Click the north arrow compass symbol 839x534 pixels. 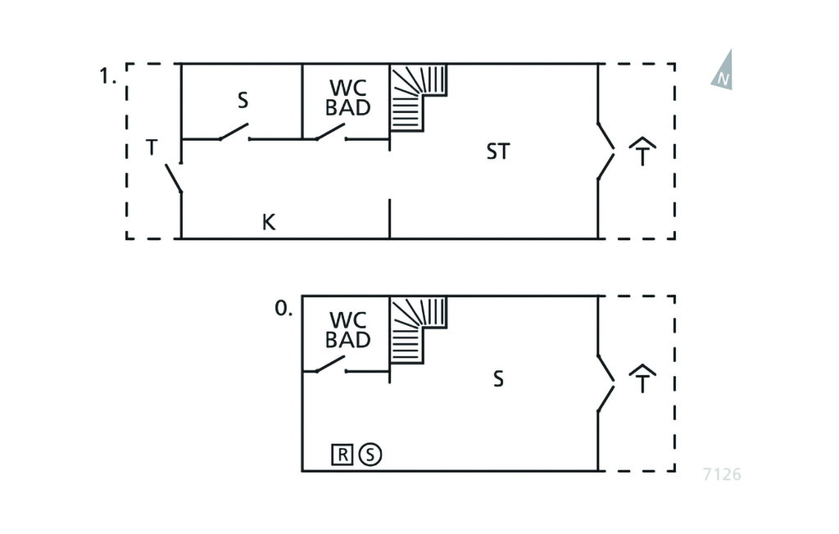[722, 70]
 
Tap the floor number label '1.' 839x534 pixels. [107, 77]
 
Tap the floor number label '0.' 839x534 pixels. [283, 310]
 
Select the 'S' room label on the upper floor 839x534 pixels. [243, 101]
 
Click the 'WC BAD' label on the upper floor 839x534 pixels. [348, 97]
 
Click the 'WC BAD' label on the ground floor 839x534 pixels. [348, 329]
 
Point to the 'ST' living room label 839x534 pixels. [497, 152]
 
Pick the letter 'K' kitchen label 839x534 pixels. [269, 222]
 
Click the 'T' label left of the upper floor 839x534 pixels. [152, 148]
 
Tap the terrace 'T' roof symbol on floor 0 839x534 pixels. [643, 380]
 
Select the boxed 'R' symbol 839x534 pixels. [342, 454]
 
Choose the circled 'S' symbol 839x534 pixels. [370, 454]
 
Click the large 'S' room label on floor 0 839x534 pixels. [497, 380]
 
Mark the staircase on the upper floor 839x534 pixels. [417, 96]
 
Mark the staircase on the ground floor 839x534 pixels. [417, 328]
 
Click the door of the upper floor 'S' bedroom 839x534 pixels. [234, 132]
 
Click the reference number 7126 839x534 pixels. [721, 474]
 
